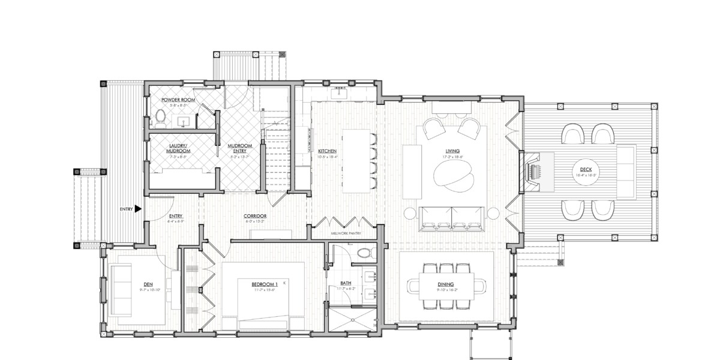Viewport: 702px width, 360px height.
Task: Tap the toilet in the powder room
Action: (160, 116)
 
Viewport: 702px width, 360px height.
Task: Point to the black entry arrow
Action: (138, 209)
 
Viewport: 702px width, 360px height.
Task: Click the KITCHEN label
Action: (327, 151)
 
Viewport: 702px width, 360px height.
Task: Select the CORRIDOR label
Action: (255, 216)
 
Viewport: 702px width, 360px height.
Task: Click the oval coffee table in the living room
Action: (454, 176)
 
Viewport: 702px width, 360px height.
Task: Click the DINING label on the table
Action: (445, 284)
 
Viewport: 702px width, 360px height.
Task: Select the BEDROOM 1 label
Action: (264, 284)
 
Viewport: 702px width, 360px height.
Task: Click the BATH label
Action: (346, 283)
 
